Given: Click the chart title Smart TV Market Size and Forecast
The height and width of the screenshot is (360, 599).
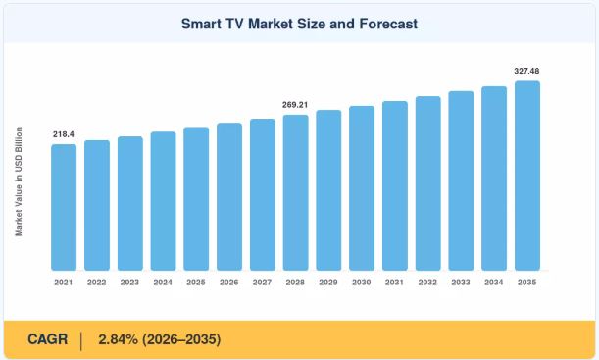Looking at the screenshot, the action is click(299, 24).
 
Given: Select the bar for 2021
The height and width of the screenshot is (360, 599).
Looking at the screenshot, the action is click(64, 208).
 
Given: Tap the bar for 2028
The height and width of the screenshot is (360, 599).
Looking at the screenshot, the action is click(296, 192).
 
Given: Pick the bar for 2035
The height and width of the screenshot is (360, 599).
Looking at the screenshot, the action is click(527, 176).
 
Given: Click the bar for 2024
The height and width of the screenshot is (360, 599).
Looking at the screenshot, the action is click(163, 201).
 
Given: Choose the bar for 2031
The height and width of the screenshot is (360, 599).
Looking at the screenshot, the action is click(395, 186).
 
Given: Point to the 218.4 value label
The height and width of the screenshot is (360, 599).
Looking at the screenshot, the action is click(64, 134).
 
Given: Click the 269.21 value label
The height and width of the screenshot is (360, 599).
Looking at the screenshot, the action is click(295, 105).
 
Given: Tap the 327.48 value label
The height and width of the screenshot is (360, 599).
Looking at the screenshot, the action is click(526, 71).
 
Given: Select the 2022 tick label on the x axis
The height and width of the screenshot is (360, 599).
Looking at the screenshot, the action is click(97, 283).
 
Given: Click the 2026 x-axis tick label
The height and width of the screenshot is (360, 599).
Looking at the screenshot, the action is click(229, 283).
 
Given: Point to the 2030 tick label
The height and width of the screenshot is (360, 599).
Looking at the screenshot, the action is click(362, 283).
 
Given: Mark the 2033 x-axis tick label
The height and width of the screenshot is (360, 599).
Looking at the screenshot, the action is click(461, 283).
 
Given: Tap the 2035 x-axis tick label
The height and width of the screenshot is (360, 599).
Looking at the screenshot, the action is click(527, 283).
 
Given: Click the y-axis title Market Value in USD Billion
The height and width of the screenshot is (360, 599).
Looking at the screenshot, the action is click(19, 181).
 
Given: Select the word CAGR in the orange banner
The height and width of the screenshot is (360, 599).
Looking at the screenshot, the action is click(47, 339).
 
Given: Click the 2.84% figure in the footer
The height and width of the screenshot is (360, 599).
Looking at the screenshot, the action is click(118, 339).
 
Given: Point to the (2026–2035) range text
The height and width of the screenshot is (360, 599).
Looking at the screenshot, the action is click(181, 339).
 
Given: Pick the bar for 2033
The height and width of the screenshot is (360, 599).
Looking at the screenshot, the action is click(461, 181).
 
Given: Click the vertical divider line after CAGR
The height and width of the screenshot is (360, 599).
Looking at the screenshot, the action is click(81, 341).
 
